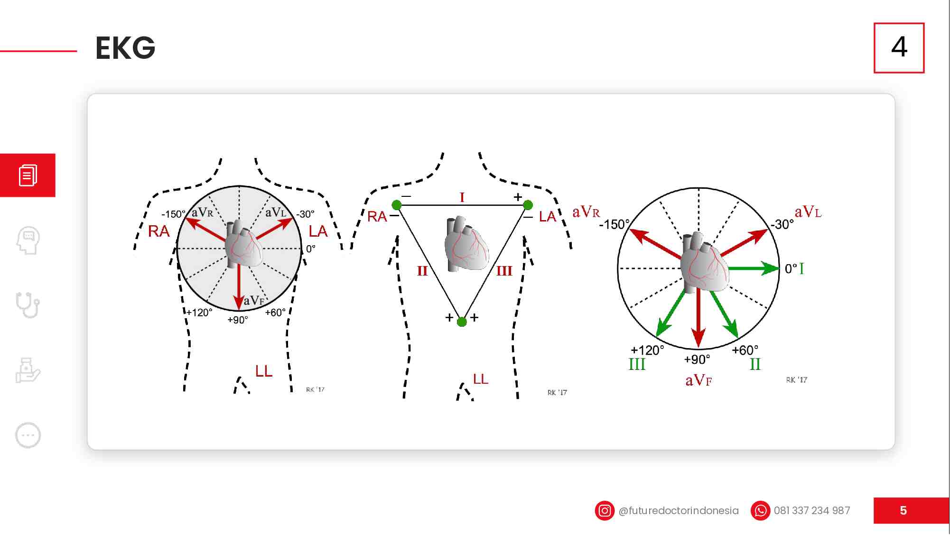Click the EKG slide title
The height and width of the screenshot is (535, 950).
click(125, 48)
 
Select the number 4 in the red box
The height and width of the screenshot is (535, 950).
click(899, 47)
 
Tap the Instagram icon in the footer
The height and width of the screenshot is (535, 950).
click(605, 511)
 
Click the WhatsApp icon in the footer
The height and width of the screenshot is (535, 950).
click(760, 511)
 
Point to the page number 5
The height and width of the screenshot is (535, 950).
click(903, 511)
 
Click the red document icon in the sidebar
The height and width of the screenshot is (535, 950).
click(28, 175)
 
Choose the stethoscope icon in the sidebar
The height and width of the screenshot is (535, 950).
click(28, 305)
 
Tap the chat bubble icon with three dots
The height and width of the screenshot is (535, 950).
click(28, 435)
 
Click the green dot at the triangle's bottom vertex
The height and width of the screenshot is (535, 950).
click(462, 322)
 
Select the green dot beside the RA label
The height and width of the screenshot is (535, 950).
click(397, 205)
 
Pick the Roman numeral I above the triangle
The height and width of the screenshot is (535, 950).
click(462, 197)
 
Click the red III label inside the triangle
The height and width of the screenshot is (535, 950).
click(504, 271)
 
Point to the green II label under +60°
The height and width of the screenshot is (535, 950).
click(755, 364)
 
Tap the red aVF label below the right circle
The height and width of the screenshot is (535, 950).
click(699, 380)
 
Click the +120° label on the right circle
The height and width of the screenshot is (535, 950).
click(647, 351)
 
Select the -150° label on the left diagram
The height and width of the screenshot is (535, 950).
click(173, 214)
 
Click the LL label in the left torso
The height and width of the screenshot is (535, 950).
click(264, 371)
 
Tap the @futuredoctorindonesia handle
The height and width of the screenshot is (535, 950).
click(679, 511)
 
